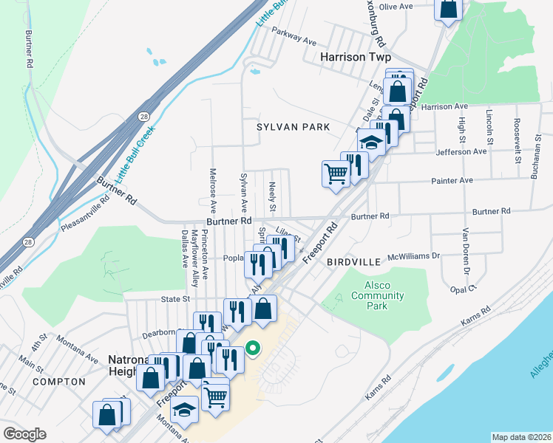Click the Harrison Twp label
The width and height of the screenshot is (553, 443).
click(x=355, y=57)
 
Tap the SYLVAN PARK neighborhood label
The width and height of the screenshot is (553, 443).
click(x=294, y=127)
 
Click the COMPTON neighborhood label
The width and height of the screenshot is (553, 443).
click(x=59, y=382)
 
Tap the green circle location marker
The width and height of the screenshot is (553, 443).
click(x=253, y=347)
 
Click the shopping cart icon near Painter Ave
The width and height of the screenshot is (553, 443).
click(x=336, y=174)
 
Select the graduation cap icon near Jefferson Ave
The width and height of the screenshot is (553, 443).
click(x=372, y=142)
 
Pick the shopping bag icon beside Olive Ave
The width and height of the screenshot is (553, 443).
click(x=448, y=9)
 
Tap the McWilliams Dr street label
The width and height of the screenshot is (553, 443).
click(x=414, y=256)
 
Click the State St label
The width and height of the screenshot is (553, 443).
click(x=176, y=299)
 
